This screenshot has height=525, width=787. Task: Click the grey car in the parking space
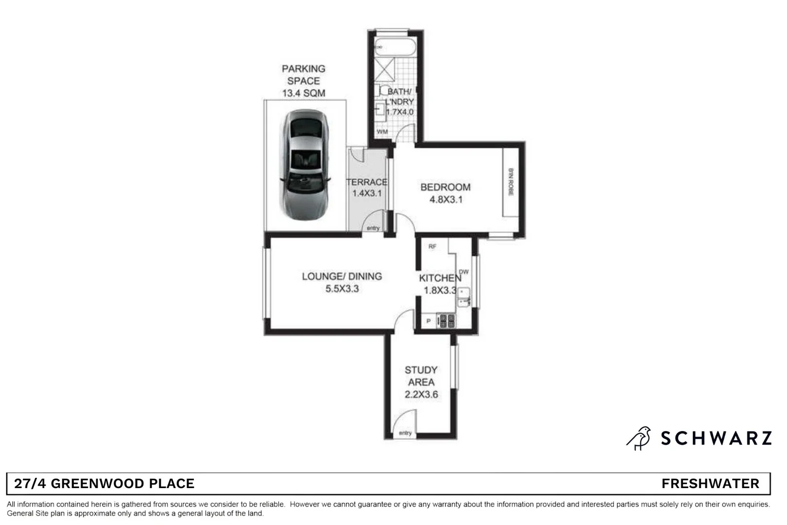[305, 165]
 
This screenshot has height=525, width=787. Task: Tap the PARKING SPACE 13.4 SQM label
[304, 81]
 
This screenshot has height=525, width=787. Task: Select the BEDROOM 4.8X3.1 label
[445, 193]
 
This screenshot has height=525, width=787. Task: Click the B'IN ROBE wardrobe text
[511, 182]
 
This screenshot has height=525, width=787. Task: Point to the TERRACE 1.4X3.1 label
[367, 188]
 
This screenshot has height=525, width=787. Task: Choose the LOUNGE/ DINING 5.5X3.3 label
[342, 282]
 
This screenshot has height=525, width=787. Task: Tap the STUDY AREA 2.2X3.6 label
[421, 382]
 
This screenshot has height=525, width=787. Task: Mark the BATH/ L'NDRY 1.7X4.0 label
[399, 102]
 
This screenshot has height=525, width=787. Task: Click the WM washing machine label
[382, 132]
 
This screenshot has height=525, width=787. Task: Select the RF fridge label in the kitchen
[432, 246]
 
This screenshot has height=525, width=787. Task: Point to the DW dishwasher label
[464, 272]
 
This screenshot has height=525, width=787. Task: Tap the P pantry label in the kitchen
[428, 321]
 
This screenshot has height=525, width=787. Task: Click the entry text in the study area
[405, 433]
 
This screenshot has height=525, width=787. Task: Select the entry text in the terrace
[373, 228]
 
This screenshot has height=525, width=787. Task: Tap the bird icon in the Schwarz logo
[639, 438]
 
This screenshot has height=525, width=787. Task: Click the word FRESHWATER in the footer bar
[710, 484]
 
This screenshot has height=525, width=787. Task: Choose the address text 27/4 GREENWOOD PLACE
[104, 484]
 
